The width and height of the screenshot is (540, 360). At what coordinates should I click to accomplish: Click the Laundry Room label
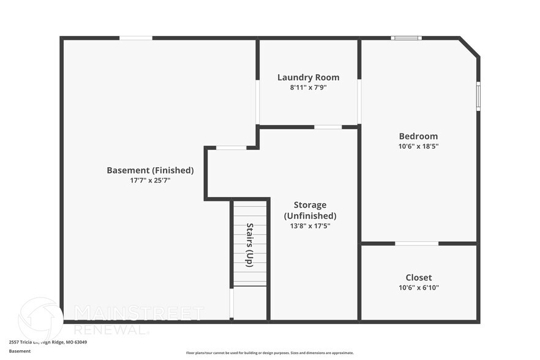(x=308, y=77)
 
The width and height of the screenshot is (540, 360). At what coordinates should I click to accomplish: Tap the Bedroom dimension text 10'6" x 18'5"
(x=418, y=146)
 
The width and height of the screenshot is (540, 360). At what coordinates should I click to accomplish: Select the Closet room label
(x=418, y=277)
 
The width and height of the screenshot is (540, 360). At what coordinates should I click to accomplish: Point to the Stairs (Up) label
(x=250, y=244)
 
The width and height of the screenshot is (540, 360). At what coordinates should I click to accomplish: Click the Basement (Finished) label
(x=150, y=170)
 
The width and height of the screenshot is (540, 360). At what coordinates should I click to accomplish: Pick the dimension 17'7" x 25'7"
(x=150, y=181)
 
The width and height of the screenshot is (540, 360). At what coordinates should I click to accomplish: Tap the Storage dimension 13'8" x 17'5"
(x=309, y=226)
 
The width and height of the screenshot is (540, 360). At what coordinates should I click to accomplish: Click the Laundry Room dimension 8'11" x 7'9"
(x=308, y=88)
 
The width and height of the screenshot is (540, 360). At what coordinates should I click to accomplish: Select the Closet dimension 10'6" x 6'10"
(x=418, y=288)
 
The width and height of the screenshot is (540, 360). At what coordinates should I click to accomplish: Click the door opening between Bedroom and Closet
(x=416, y=244)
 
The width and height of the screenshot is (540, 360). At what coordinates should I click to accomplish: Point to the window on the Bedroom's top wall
(x=406, y=38)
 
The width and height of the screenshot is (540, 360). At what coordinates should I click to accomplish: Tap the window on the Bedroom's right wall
(x=478, y=96)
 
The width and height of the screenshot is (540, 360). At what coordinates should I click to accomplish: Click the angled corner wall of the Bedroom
(x=470, y=47)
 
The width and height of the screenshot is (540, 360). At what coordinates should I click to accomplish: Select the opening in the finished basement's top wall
(x=136, y=38)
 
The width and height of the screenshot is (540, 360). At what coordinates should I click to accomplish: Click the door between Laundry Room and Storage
(x=328, y=127)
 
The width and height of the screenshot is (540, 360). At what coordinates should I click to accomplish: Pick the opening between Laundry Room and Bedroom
(x=359, y=101)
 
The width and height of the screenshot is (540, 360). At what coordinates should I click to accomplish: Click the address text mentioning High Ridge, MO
(x=48, y=342)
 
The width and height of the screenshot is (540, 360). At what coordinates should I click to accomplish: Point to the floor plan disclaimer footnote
(x=269, y=353)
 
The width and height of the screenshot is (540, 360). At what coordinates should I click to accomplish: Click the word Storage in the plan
(x=310, y=204)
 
